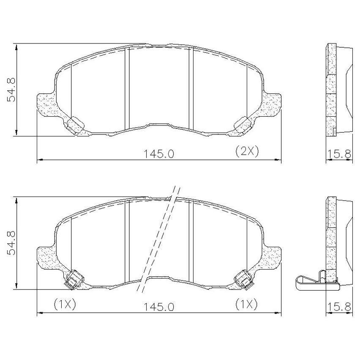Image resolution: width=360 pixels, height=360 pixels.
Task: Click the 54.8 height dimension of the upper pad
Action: click(11, 90)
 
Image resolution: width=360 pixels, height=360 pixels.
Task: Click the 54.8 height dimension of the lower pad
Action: click(11, 243)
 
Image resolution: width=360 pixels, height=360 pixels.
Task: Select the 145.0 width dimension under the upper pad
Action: click(159, 154)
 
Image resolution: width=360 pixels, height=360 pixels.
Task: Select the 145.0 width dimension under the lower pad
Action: click(159, 307)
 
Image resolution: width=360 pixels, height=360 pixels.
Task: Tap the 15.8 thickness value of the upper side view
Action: click(339, 154)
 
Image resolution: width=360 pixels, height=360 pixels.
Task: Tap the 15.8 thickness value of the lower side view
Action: click(339, 307)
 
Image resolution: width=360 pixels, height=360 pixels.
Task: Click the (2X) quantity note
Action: click(247, 151)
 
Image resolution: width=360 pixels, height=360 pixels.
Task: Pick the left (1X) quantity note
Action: click(65, 305)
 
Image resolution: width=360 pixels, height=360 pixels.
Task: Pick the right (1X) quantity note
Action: click(247, 305)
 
